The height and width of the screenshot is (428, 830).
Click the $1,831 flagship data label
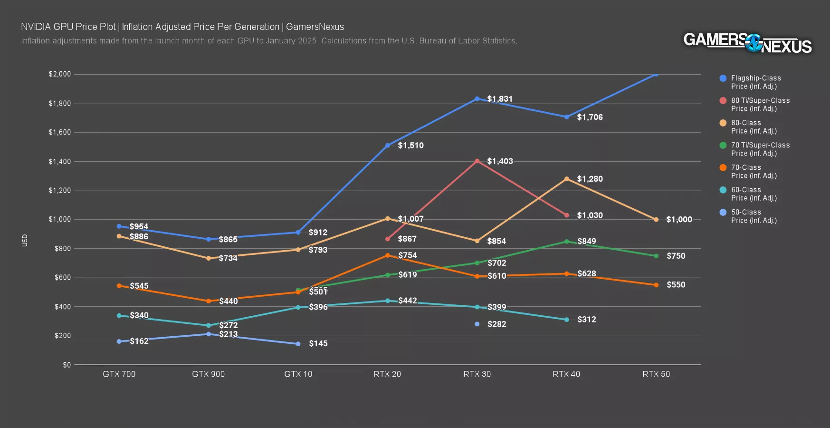pos(500,99)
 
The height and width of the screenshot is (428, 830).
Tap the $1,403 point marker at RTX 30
pos(477,161)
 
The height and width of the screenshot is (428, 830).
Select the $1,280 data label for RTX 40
pos(590,179)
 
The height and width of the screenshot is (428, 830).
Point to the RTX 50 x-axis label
pos(656,374)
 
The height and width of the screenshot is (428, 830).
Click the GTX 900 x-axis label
pos(208,374)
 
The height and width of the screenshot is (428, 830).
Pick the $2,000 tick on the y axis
pos(60,74)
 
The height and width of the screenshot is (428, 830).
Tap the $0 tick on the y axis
pos(67,365)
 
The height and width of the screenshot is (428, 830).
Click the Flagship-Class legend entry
pos(755,82)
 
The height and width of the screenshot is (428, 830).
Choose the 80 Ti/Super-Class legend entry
pos(760,104)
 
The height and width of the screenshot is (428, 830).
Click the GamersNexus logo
pos(747,43)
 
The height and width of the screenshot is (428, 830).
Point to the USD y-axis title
pos(25,240)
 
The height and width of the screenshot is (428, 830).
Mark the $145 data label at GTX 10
pos(318,343)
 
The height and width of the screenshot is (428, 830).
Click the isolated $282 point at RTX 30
pos(477,324)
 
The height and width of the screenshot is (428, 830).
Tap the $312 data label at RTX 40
pos(587,320)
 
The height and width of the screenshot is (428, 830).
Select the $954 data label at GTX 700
pos(139,226)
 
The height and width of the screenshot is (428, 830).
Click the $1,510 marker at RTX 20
pos(388,146)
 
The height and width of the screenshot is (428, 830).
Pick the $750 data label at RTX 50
pos(676,256)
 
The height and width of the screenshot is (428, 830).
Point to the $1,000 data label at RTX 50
pos(679,219)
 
